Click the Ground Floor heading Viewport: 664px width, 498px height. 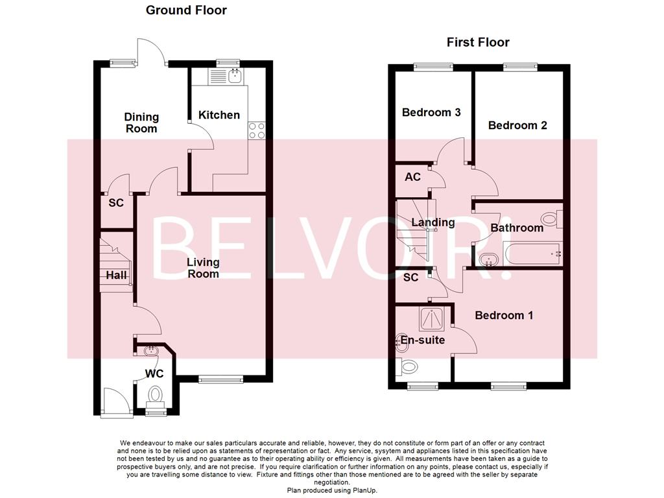tap(186, 10)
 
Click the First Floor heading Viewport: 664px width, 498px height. tap(478, 42)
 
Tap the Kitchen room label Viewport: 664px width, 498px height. tap(219, 115)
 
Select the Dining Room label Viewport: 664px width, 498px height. tap(141, 123)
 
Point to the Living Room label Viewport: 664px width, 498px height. tap(203, 268)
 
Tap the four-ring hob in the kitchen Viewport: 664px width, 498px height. tap(257, 130)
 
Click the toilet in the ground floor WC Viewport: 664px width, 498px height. tap(155, 394)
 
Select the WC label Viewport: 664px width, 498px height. tap(154, 373)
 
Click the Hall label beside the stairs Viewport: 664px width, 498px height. tap(116, 276)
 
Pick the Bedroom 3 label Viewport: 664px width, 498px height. tap(431, 112)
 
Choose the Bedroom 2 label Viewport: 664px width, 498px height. tap(517, 125)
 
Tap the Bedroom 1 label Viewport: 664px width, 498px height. tap(504, 315)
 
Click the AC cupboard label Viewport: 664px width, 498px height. tap(412, 176)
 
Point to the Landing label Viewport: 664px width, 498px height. tap(433, 222)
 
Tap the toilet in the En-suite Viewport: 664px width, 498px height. tap(409, 367)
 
